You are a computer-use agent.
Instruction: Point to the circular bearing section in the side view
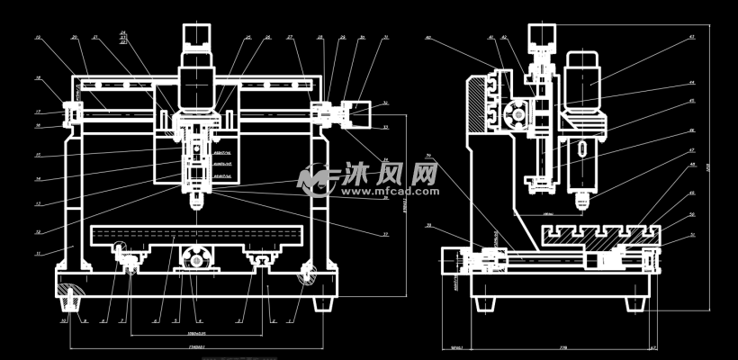point(517,115)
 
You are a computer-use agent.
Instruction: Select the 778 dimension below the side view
point(562,346)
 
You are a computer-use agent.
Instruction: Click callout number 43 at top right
point(691,37)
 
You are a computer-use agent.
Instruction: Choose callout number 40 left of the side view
point(428,38)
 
